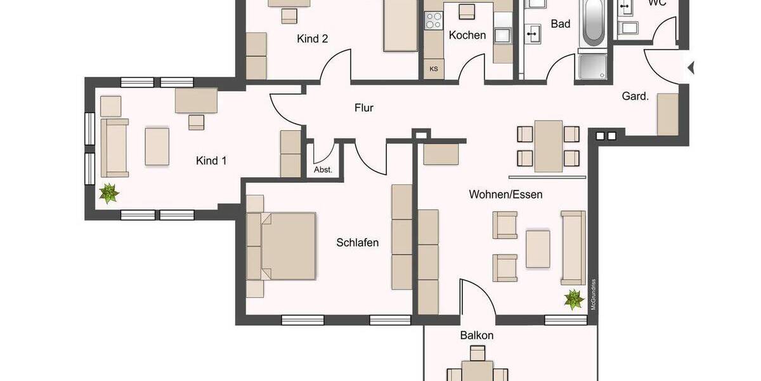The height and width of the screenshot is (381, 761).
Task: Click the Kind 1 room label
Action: pos(211,161)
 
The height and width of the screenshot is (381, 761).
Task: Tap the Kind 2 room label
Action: pos(312,39)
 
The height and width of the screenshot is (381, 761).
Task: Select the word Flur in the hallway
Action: pos(363,108)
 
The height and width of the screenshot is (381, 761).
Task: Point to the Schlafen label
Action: pos(358,243)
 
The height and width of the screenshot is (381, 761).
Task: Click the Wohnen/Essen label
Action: pos(505,194)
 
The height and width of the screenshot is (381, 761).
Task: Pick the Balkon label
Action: pos(476,335)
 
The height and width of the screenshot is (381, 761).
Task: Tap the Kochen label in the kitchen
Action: pos(467,35)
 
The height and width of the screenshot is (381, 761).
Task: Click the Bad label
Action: pos(561,24)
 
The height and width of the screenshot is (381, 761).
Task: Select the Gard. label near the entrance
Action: pos(635,97)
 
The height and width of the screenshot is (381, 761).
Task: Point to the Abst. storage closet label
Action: pos(323,170)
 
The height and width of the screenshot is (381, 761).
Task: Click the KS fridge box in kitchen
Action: pos(434,69)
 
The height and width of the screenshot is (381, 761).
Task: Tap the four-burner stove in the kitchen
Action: pos(434,21)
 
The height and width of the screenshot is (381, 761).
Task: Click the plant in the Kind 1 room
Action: pos(109,192)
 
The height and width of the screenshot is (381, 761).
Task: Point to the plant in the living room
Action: pos(574,298)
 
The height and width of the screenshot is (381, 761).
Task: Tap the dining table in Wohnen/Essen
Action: pos(548,146)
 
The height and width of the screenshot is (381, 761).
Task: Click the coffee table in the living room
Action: pos(538,248)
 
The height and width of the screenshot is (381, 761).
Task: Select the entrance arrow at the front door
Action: pos(691,67)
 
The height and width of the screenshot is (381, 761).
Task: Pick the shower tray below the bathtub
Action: pos(593,67)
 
